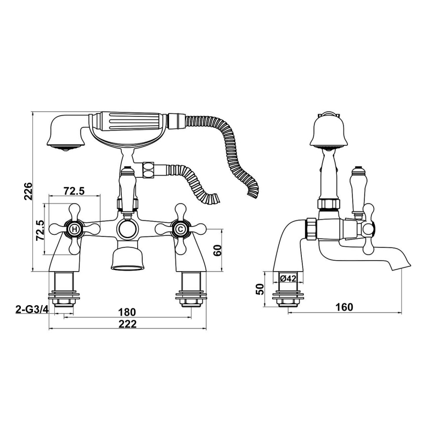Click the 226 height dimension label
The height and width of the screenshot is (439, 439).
[x=28, y=191]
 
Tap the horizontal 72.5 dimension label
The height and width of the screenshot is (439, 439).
[x=74, y=191]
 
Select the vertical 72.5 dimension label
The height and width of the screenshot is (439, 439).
[x=40, y=230]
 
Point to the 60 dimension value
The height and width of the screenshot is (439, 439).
[x=217, y=250]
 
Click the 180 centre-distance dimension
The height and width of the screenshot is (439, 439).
[x=127, y=312]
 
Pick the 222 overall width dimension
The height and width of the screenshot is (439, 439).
[x=127, y=324]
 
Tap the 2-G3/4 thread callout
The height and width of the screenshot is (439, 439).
[x=33, y=309]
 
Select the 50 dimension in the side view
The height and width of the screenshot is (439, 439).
[x=260, y=289]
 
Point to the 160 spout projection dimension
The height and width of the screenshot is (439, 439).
[x=345, y=307]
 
